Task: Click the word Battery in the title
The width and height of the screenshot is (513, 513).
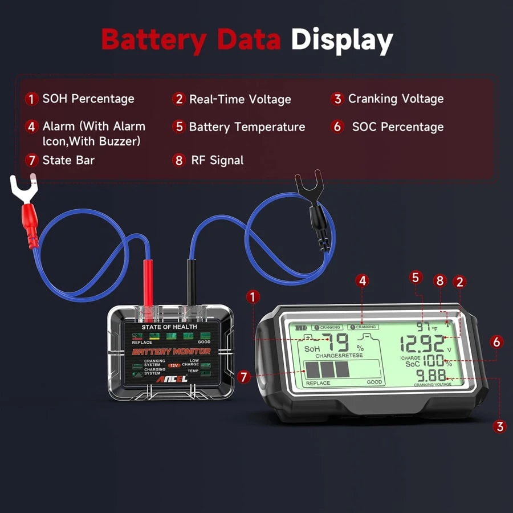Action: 153,40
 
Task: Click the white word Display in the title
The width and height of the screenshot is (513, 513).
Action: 342,40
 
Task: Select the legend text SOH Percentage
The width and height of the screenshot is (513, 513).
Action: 88,99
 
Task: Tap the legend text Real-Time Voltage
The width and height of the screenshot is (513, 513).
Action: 240,99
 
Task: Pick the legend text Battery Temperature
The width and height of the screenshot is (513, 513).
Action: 247,127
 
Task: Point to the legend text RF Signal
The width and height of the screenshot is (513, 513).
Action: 216,161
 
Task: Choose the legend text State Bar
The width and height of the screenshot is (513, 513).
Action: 68,160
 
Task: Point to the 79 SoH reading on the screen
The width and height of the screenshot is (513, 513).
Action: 339,344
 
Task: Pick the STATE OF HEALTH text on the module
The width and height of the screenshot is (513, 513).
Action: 169,327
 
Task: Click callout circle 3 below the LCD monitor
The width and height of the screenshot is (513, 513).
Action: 500,426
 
